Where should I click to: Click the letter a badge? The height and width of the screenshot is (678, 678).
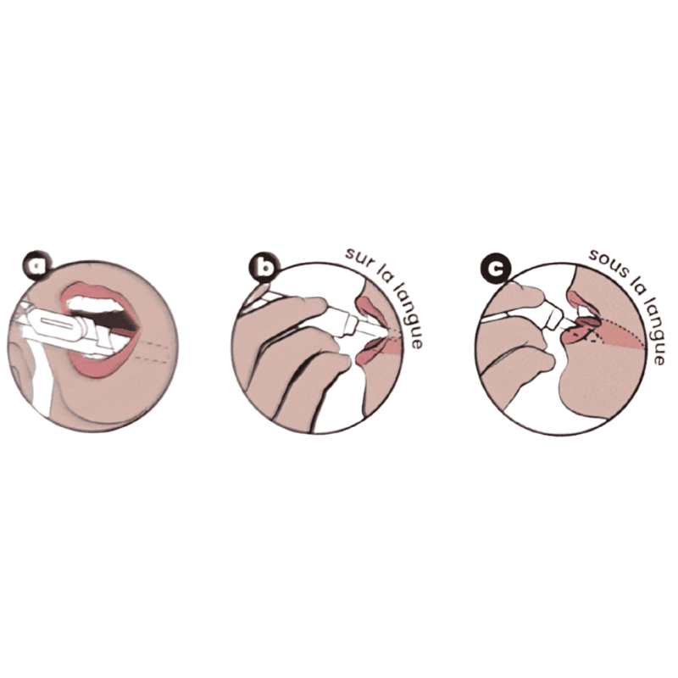pos(37,265)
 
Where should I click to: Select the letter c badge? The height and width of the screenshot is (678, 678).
pos(496,269)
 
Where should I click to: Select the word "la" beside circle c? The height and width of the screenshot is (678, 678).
pos(630,284)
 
